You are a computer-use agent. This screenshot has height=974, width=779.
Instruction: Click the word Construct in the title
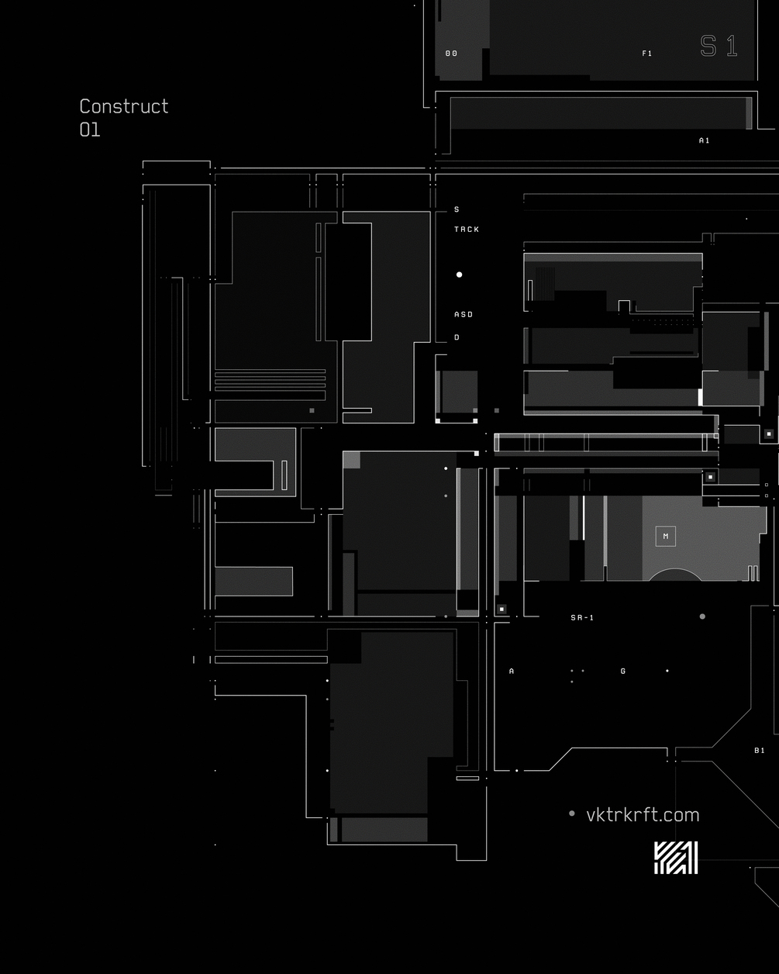click(124, 107)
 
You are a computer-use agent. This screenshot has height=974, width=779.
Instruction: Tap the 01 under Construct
click(90, 130)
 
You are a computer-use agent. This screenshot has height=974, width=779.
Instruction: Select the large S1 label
click(719, 46)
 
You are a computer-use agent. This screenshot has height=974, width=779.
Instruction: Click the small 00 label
click(451, 54)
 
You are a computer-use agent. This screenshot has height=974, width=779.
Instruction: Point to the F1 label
click(647, 54)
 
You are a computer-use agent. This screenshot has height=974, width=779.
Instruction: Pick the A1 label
click(705, 141)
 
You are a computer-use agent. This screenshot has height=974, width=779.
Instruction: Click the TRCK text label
click(467, 230)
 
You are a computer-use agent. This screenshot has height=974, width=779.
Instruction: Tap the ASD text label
click(464, 315)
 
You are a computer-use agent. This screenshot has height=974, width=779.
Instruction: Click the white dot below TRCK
click(459, 275)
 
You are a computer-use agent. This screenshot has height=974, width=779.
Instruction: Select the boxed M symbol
click(666, 537)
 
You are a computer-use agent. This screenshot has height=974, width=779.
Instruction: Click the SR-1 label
click(582, 618)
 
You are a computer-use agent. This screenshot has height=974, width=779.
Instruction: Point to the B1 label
click(760, 751)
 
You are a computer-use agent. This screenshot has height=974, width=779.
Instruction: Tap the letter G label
click(623, 672)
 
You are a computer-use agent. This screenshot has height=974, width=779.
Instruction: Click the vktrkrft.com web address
click(643, 815)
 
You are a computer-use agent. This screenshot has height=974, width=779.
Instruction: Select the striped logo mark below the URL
click(676, 858)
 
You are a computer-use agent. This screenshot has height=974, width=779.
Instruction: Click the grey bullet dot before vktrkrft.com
click(572, 813)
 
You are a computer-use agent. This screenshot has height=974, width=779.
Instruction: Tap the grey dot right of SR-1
click(702, 617)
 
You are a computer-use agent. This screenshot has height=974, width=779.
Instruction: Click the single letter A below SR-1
click(512, 672)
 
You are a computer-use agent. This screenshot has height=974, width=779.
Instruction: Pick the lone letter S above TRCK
click(457, 209)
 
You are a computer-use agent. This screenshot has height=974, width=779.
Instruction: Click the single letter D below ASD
click(457, 337)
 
